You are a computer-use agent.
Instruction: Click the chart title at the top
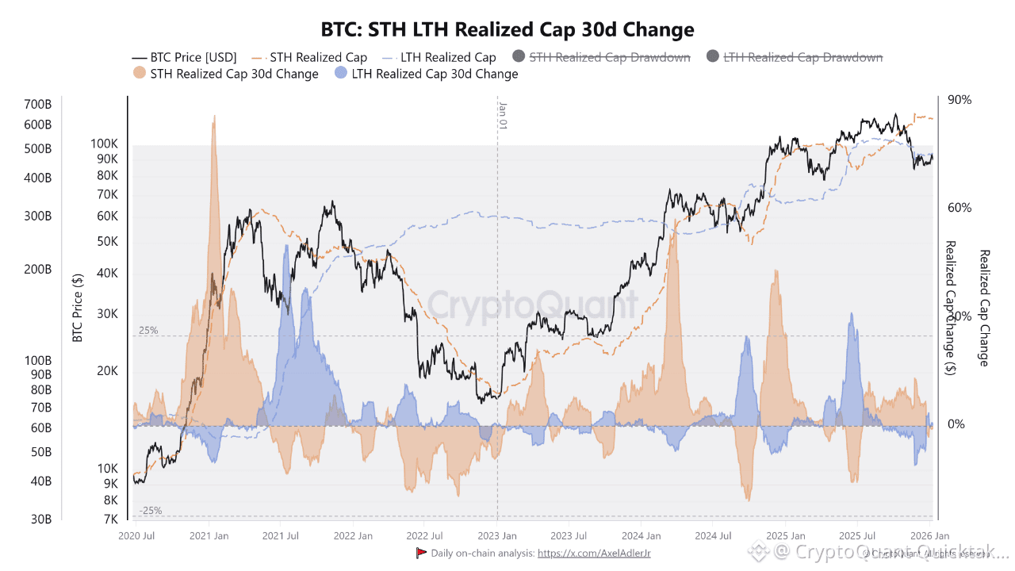click(507, 30)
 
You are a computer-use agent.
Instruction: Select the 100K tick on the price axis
click(105, 144)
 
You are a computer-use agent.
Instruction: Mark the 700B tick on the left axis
click(37, 105)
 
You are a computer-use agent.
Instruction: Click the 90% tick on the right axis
click(959, 100)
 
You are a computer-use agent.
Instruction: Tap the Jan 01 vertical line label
click(502, 115)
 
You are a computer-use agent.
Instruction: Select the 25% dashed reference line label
click(148, 330)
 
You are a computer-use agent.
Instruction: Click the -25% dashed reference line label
click(150, 511)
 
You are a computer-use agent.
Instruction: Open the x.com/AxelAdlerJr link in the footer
click(594, 553)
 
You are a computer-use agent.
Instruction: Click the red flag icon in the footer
click(421, 553)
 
